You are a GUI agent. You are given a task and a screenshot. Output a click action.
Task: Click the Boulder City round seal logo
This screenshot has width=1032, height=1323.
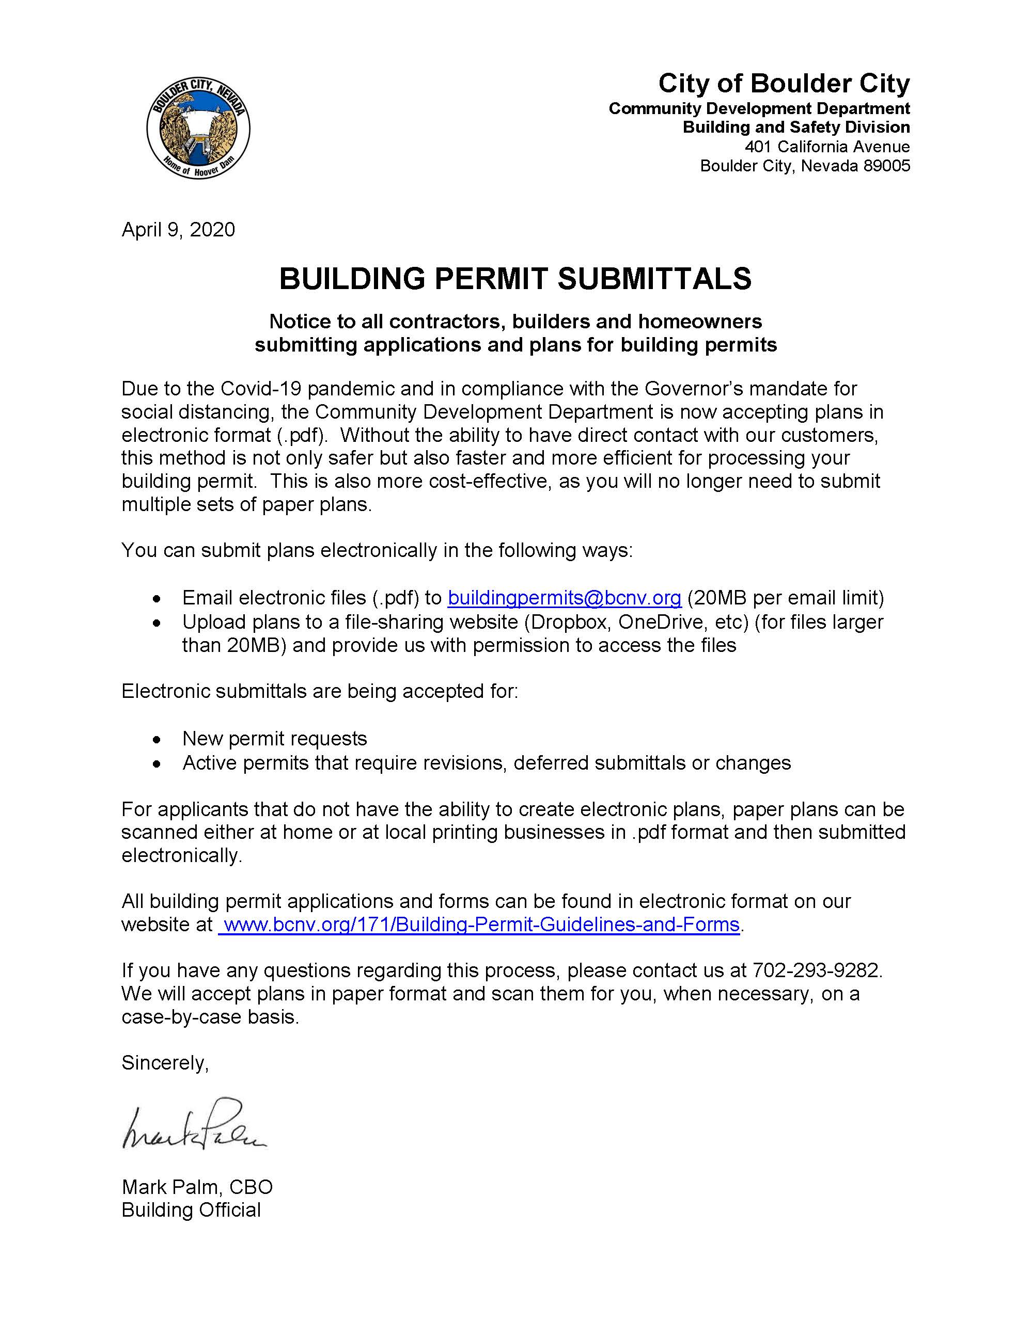[x=198, y=129]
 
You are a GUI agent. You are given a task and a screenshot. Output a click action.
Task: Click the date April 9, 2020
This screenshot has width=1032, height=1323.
[x=178, y=230]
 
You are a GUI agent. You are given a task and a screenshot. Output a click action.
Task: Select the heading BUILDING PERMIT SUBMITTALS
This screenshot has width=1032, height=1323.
[x=515, y=279]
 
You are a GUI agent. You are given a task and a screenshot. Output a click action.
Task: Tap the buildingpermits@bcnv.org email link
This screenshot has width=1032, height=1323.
[x=564, y=598]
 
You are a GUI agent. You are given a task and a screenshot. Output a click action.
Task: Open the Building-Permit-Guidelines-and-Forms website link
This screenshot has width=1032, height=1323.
[x=479, y=924]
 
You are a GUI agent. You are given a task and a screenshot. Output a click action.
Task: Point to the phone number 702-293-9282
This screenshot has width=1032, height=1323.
[x=816, y=970]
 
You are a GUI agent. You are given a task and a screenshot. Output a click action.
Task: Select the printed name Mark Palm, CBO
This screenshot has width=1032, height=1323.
[x=197, y=1187]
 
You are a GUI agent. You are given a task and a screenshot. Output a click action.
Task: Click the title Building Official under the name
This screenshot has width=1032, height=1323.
[x=191, y=1210]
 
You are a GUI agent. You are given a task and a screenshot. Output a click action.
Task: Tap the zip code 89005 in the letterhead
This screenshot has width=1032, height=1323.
[x=886, y=166]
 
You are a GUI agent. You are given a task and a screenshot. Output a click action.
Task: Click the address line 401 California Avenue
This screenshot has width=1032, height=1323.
[x=826, y=147]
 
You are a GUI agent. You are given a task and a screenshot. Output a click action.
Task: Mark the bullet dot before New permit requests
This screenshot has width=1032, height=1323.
[x=157, y=740]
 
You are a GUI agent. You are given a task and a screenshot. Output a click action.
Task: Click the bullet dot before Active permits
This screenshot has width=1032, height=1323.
[x=157, y=764]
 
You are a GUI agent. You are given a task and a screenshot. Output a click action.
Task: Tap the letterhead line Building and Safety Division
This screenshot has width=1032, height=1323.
[x=795, y=127]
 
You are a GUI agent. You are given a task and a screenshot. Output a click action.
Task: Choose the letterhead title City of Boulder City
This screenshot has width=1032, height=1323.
[x=784, y=84]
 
